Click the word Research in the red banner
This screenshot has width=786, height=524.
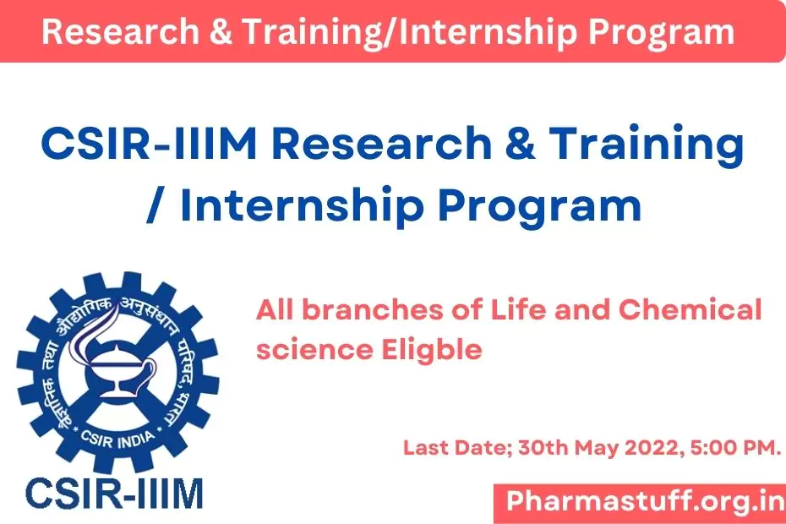pyautogui.click(x=121, y=31)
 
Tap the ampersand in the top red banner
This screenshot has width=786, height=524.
pyautogui.click(x=221, y=31)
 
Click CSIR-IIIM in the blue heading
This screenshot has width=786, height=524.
pyautogui.click(x=149, y=144)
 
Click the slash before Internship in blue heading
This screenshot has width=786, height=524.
pyautogui.click(x=156, y=205)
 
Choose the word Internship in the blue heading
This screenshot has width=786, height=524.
pyautogui.click(x=302, y=206)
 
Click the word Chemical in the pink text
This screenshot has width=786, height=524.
pyautogui.click(x=690, y=309)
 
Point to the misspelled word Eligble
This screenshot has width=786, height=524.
pyautogui.click(x=432, y=351)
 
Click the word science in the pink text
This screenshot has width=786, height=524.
pyautogui.click(x=314, y=351)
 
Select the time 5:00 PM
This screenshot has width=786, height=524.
pyautogui.click(x=735, y=447)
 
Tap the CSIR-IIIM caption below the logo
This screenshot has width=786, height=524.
pyautogui.click(x=115, y=494)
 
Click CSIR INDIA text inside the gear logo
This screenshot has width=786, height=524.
pyautogui.click(x=117, y=439)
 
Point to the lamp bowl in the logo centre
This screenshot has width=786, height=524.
pyautogui.click(x=119, y=369)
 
